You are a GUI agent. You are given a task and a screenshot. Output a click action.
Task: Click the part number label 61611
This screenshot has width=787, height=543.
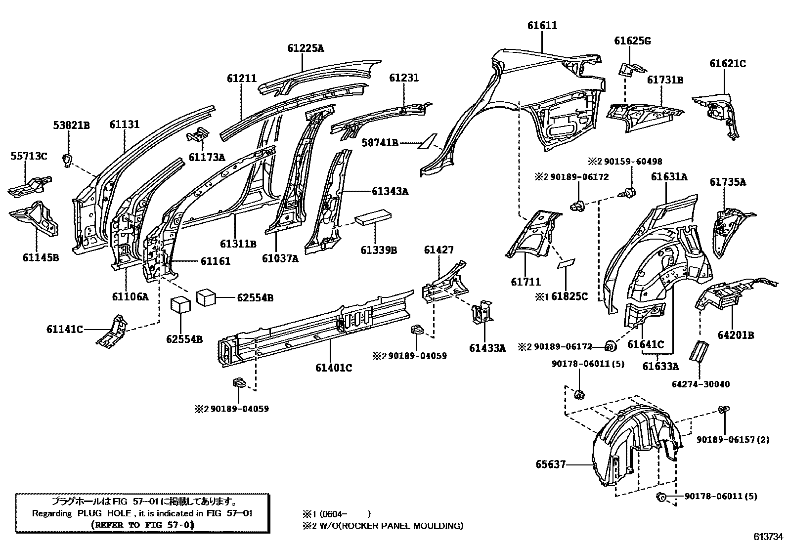click(542, 26)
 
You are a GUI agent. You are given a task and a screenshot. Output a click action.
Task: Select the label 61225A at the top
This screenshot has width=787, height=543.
click(306, 48)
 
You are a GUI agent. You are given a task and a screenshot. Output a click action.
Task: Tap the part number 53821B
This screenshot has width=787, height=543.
click(71, 125)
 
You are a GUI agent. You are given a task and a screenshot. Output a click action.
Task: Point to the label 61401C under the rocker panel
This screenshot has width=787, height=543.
click(334, 368)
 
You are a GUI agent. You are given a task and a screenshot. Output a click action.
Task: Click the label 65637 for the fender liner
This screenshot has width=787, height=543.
click(550, 464)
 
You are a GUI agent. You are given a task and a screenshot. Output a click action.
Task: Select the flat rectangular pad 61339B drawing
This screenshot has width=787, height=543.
click(374, 217)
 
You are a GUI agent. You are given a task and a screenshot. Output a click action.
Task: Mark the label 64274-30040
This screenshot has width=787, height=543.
click(700, 384)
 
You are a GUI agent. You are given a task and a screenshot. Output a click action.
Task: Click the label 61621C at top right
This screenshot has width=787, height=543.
click(727, 64)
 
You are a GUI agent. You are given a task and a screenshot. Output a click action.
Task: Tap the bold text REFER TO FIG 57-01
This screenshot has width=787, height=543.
click(142, 525)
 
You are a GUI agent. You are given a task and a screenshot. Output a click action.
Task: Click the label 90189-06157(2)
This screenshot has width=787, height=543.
click(733, 439)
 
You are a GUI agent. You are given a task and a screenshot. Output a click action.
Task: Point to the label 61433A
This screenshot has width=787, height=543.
click(487, 348)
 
